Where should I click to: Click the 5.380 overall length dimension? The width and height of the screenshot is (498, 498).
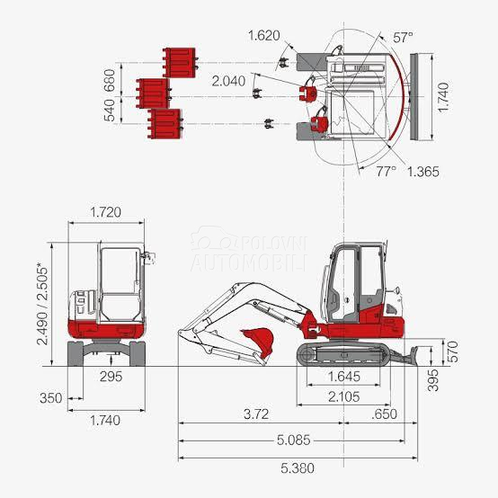298,467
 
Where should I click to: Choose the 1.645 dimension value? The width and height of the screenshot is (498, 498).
346,376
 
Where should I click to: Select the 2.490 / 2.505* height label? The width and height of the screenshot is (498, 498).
40,303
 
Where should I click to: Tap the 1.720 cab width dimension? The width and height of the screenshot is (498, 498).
106,213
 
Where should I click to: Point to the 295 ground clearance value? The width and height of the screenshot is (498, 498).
111,376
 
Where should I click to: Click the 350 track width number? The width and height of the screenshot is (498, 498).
51,396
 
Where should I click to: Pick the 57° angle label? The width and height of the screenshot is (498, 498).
404,38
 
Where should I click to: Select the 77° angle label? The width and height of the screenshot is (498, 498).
386,169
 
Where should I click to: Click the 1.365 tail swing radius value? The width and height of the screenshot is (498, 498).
422,171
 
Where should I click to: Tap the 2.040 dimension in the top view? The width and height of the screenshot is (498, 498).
227,81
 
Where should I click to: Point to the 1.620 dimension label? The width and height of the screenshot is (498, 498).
263,37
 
